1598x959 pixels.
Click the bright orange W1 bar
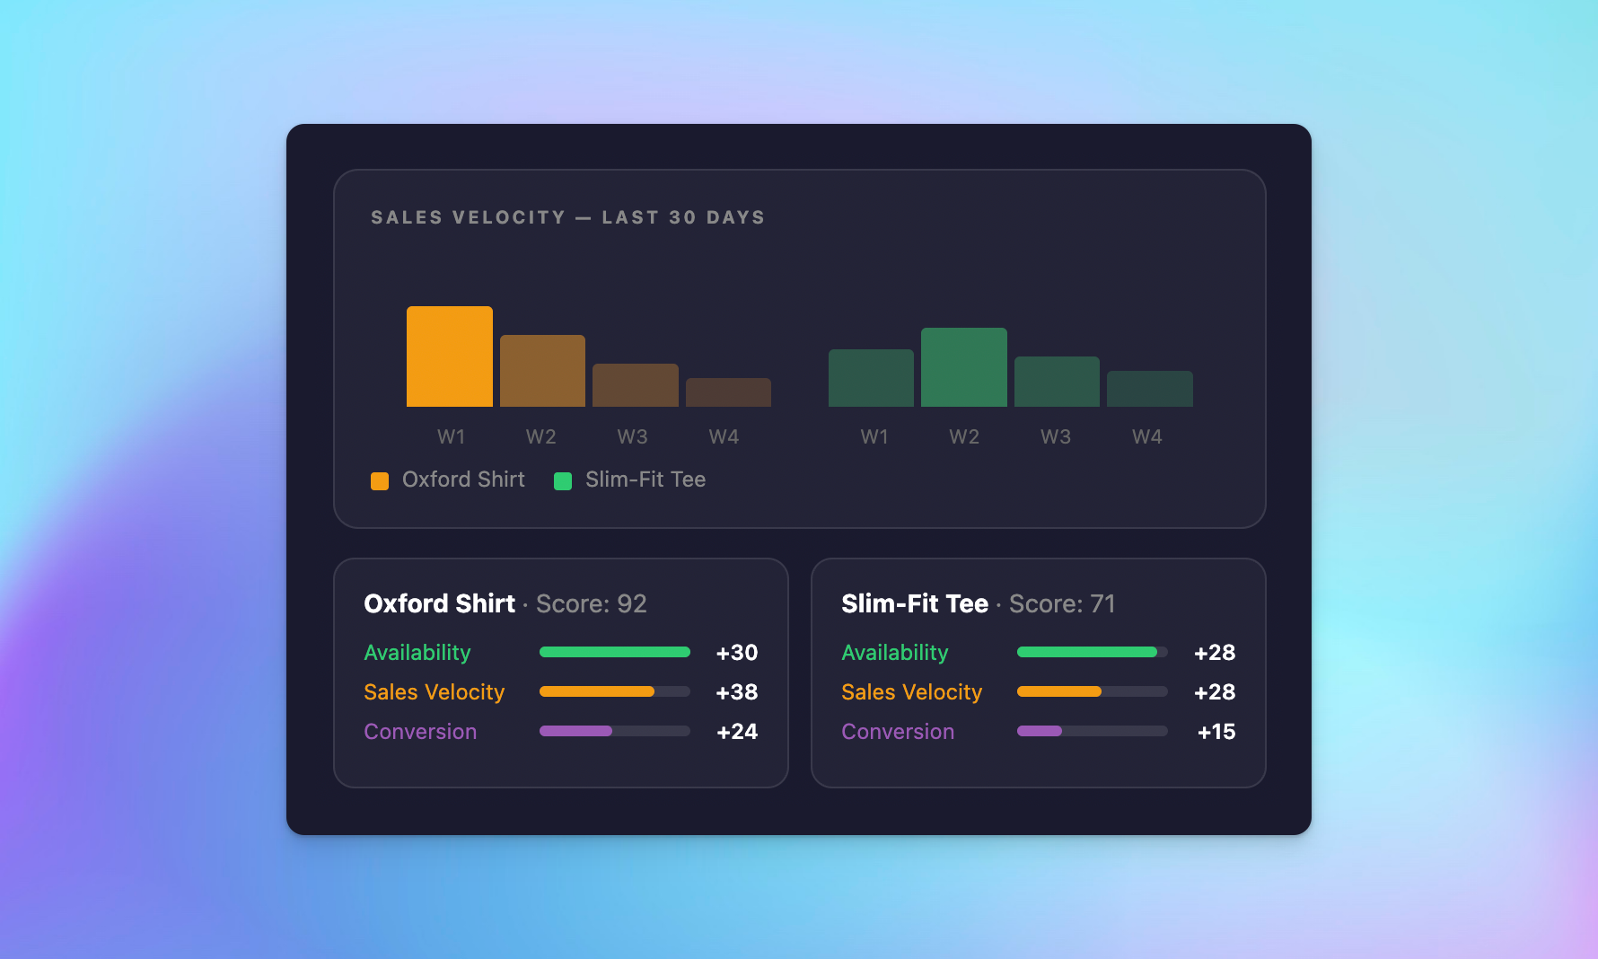(449, 356)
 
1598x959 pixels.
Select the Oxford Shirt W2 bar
(542, 371)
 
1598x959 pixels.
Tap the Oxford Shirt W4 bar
(728, 392)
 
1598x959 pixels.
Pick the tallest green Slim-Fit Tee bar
(963, 367)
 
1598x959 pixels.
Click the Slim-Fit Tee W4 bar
(1149, 389)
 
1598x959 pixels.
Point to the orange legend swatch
(380, 481)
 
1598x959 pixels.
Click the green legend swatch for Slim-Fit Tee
(563, 481)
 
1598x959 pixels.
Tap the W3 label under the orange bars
(632, 437)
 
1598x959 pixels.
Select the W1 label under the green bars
(874, 437)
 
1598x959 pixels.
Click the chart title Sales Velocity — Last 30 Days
(567, 217)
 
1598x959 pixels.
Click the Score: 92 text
(591, 604)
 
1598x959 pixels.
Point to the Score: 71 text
(1062, 604)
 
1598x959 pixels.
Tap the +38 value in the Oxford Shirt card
(737, 692)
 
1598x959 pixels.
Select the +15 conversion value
(1216, 732)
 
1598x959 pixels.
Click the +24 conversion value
(737, 732)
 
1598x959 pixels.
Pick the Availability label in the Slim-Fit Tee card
(895, 653)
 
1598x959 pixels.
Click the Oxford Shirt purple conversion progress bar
(575, 731)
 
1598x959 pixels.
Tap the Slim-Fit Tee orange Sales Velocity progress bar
(1059, 691)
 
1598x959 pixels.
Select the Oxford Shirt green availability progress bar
(614, 652)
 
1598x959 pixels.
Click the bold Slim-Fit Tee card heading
(915, 604)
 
